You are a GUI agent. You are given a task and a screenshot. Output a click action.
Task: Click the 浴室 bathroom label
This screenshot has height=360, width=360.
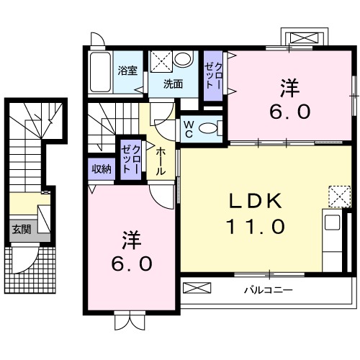127,71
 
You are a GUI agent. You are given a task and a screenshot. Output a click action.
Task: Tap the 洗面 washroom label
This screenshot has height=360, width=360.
172,84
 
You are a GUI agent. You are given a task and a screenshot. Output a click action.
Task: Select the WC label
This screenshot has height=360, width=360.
188,128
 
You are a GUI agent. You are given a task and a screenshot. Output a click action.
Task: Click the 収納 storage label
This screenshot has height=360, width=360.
101,169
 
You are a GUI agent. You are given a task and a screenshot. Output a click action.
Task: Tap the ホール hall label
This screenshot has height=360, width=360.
161,162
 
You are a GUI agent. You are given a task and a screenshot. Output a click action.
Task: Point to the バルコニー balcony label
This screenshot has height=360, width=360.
267,291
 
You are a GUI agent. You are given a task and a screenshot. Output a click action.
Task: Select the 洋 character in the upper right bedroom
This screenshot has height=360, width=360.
289,87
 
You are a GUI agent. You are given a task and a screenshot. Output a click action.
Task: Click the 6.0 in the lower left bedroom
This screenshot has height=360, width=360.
130,264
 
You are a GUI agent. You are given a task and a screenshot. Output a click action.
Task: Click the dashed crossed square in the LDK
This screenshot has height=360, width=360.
337,196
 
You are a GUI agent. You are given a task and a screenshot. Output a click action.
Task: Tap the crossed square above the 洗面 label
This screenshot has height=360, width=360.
160,60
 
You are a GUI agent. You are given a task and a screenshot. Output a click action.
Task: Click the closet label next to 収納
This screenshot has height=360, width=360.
130,158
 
